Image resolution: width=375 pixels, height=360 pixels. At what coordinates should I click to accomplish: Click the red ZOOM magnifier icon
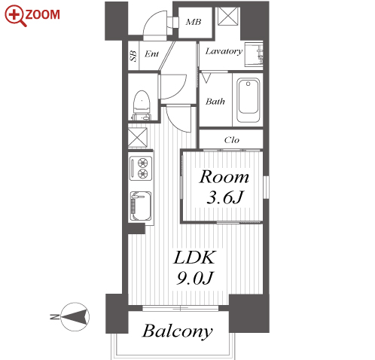pos(16,16)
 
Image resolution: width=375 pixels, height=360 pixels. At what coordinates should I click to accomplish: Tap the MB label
pos(194,22)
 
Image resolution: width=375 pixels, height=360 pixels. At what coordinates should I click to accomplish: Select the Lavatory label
pos(224,51)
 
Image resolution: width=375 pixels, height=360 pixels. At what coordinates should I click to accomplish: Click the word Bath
pos(215,102)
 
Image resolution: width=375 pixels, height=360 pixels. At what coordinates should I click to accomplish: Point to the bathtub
pos(248,100)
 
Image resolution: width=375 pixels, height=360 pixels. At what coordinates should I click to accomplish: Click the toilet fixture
pos(142,105)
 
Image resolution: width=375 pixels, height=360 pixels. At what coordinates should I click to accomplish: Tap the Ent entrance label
pos(151,54)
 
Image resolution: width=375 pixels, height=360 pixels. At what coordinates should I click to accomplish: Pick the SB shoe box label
pos(133,56)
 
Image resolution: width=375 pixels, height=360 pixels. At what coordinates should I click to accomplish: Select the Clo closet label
pos(231,140)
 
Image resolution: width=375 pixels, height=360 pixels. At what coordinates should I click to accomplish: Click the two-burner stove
pos(141,168)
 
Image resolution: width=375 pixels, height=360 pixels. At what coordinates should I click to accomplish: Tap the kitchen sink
pos(141,206)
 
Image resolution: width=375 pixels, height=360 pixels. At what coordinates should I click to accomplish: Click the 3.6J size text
pos(225,197)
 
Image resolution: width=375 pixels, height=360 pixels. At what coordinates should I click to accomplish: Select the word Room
pos(224,177)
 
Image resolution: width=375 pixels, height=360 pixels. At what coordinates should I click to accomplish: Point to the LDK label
pos(194,257)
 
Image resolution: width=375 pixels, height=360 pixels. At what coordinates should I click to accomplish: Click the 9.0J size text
pos(195,278)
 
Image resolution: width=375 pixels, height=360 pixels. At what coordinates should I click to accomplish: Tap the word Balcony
pos(178,331)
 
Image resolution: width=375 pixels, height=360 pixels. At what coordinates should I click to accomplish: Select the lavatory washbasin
pos(254,54)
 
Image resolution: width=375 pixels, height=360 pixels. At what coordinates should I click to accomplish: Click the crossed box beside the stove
pos(138,137)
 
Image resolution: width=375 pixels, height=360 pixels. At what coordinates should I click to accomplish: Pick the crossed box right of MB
pos(228,17)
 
